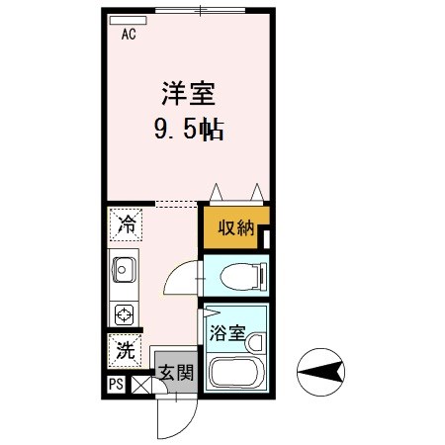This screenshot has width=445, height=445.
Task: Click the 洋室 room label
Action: (188, 94)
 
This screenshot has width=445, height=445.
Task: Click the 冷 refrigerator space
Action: (126, 225)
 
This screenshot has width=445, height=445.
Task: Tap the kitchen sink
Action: (125, 268)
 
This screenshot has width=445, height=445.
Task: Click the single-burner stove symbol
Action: (125, 315)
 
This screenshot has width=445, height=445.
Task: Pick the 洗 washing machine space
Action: (125, 349)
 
